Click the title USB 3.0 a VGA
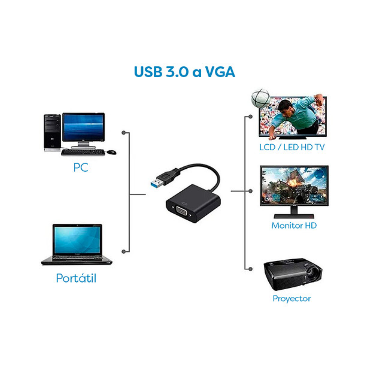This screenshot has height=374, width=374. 185,72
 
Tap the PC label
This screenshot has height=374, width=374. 81,167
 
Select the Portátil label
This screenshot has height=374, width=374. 76,278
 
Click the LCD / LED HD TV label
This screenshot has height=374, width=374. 292,147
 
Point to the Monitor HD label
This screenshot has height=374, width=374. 294,225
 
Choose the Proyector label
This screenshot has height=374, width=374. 291,299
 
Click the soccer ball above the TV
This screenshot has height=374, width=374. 261,98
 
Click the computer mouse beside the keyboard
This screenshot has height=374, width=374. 111,152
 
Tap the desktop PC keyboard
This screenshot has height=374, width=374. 83,152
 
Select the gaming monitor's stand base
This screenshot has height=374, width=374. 294,216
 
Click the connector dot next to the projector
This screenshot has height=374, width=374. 251,269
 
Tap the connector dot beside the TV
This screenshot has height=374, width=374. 251,117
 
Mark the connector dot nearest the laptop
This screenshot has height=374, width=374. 124,252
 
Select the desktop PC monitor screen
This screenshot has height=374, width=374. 83,127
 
